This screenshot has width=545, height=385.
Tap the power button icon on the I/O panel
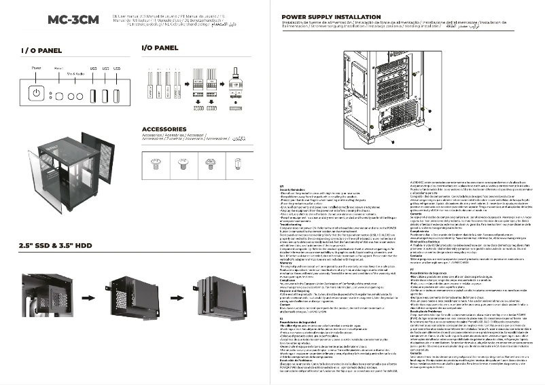tap(36, 95)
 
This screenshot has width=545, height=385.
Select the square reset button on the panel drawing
tap(59, 96)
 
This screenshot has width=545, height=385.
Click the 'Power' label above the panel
tap(36, 69)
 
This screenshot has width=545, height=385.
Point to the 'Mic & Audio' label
tap(75, 72)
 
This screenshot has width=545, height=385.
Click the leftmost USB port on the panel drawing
tap(93, 96)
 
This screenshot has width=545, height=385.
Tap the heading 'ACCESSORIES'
tap(169, 129)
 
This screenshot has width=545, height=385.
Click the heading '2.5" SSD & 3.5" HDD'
tap(56, 244)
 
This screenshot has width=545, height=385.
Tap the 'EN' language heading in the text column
tap(283, 185)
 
